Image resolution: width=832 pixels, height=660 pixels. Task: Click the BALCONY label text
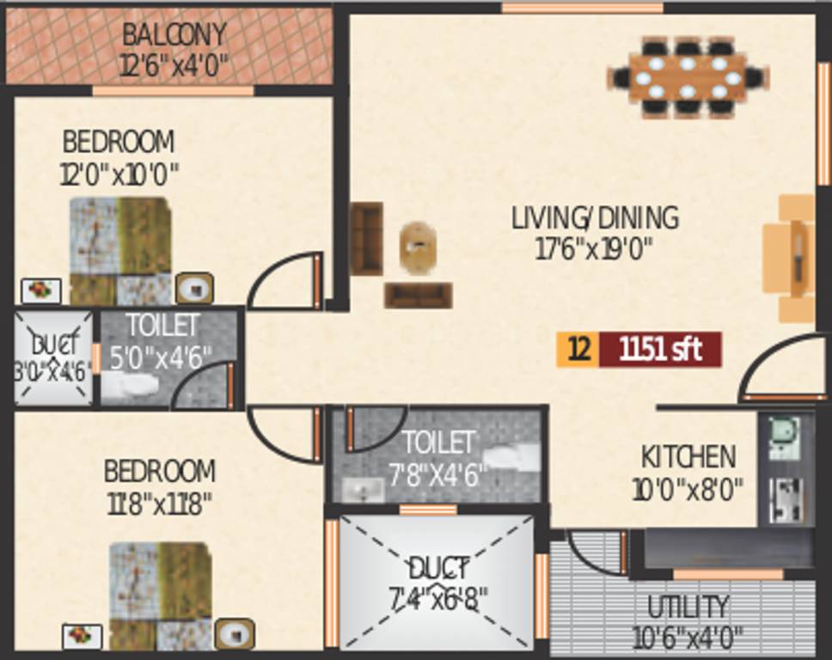pyautogui.click(x=174, y=35)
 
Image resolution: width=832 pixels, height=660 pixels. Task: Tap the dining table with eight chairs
pyautogui.click(x=688, y=76)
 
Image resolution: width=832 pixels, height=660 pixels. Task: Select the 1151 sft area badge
pyautogui.click(x=660, y=350)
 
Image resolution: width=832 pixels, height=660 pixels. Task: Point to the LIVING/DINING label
pyautogui.click(x=595, y=217)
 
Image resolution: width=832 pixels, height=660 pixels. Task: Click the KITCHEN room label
pyautogui.click(x=688, y=455)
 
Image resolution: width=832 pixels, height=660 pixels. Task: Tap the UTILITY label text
pyautogui.click(x=688, y=607)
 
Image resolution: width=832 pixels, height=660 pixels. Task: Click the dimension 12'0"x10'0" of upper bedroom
pyautogui.click(x=119, y=174)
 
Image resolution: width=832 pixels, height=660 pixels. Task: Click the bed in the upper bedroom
pyautogui.click(x=119, y=250)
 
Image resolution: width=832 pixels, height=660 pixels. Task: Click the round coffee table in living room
pyautogui.click(x=419, y=247)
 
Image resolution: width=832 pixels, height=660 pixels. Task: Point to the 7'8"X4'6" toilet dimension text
pyautogui.click(x=438, y=474)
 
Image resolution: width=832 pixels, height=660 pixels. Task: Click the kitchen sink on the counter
pyautogui.click(x=784, y=437)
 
